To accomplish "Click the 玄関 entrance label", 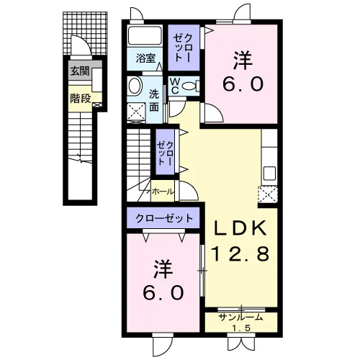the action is [80, 71].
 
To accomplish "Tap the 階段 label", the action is [81, 99].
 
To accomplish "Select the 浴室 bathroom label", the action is [145, 58].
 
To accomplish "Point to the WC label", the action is [174, 86].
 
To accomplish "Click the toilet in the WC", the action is [190, 86].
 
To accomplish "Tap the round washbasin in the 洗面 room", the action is [135, 86].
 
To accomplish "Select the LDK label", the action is [240, 228].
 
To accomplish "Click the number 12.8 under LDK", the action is [240, 254].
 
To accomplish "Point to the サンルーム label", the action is [241, 318].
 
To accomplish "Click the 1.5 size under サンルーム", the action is [241, 328].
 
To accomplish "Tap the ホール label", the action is [163, 192].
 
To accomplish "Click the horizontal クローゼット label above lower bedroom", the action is [164, 218].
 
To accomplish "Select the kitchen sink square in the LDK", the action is [269, 173].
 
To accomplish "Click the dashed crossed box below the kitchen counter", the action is [268, 194].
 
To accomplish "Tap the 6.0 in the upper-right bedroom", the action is [243, 84].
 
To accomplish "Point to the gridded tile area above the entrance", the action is [85, 33].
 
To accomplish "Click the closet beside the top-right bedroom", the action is [184, 48].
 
